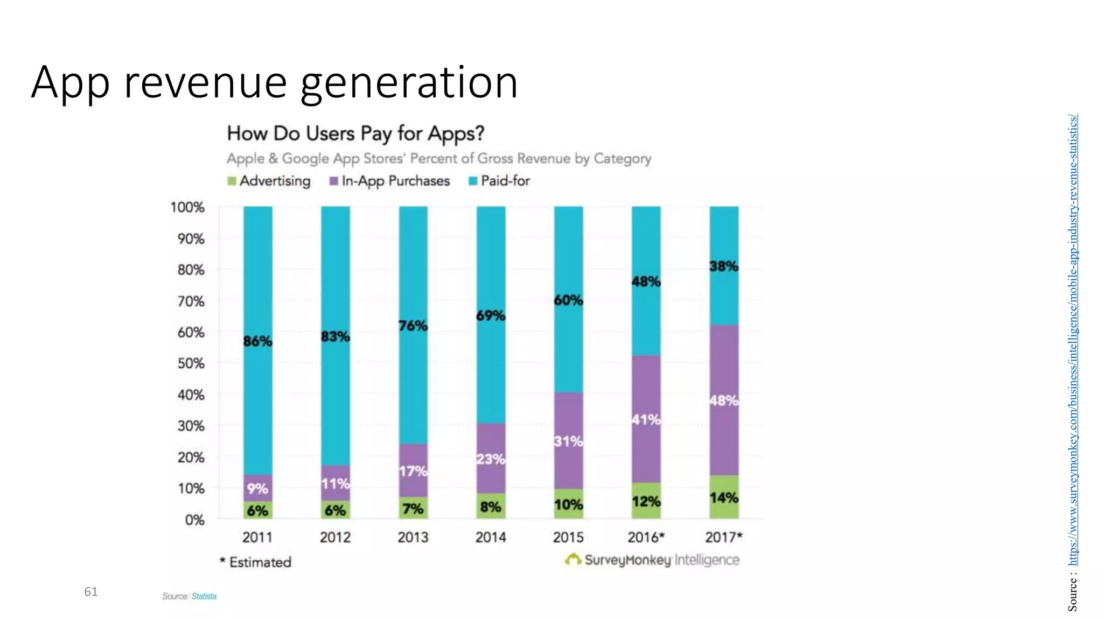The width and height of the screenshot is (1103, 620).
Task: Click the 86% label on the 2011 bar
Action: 257,341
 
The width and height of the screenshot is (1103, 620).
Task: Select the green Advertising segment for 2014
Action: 491,506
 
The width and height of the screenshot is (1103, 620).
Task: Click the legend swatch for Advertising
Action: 232,181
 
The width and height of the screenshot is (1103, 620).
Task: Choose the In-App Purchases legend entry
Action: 390,181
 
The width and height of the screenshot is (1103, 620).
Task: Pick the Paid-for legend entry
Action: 499,181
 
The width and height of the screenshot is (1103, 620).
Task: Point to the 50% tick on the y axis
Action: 191,363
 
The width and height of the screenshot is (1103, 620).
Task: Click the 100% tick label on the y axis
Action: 187,207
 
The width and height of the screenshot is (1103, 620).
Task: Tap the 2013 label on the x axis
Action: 413,537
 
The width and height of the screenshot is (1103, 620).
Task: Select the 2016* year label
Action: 646,537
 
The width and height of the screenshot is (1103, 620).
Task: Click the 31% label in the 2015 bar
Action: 568,441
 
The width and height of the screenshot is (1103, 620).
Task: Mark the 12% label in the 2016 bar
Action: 646,502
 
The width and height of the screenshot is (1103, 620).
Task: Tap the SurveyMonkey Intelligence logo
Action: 652,560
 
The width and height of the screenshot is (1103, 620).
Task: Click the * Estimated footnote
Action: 255,562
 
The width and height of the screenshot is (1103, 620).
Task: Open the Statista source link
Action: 204,596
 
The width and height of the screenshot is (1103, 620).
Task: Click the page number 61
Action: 91,592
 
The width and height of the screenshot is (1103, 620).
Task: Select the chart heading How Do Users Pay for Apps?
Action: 355,133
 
